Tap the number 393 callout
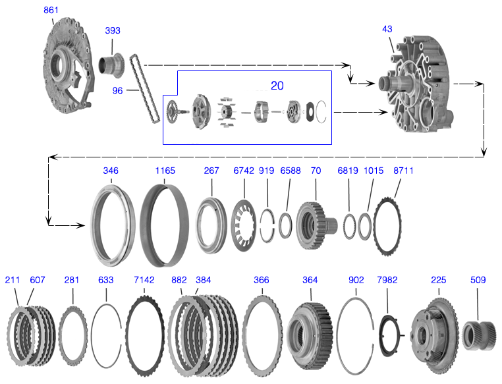(x=113, y=30)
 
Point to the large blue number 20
(x=277, y=86)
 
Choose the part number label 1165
(x=165, y=171)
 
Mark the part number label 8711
(x=403, y=171)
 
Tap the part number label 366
(x=262, y=280)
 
